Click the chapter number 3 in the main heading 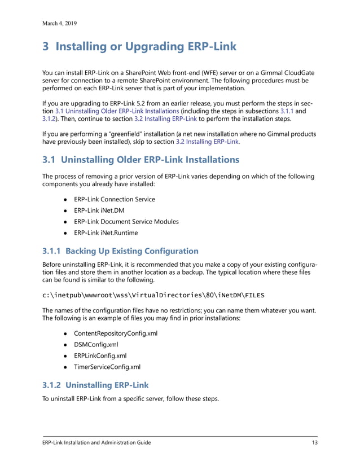pos(46,48)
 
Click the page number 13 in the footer pos(314,443)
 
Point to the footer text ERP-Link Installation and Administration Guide pos(96,443)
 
